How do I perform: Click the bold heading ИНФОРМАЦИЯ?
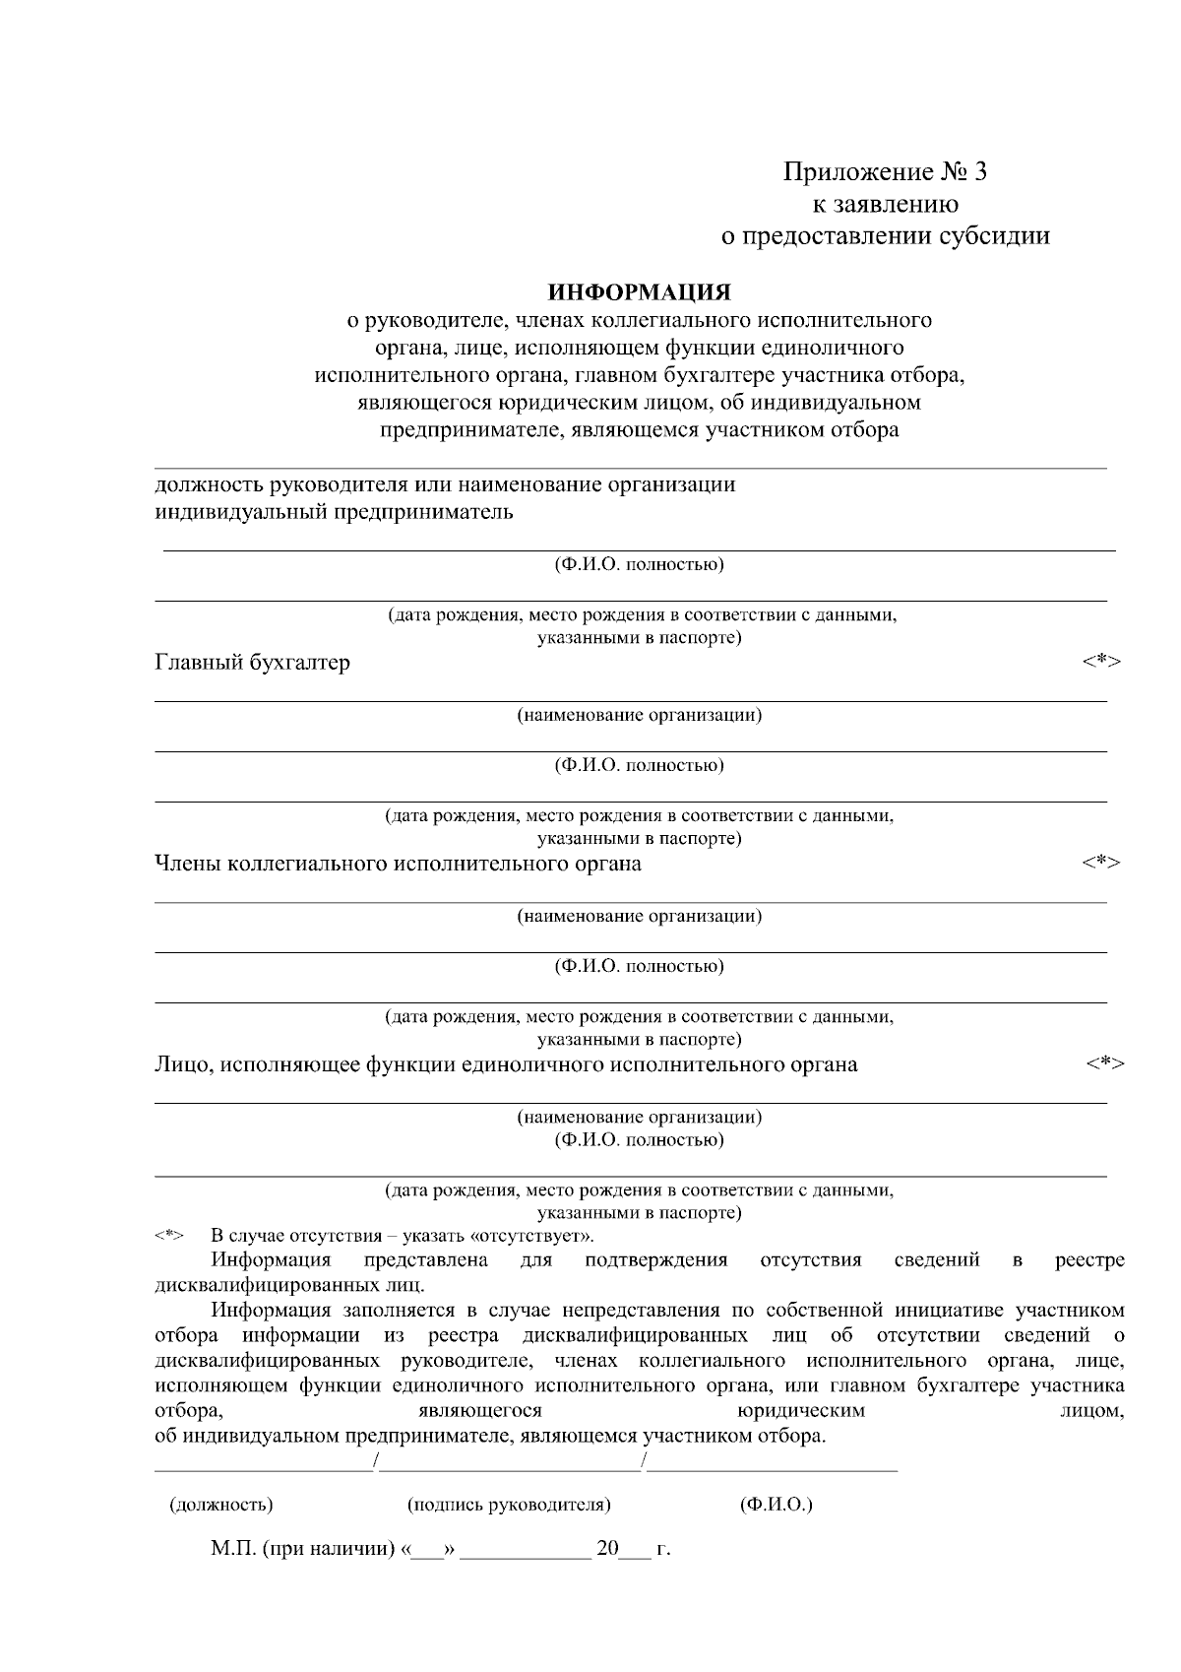[640, 292]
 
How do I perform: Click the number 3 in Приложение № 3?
[979, 172]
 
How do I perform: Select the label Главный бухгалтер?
[253, 663]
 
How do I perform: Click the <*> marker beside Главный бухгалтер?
[1101, 661]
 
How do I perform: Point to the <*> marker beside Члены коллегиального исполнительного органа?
[1101, 862]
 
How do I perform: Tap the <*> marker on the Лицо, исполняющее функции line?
[1105, 1062]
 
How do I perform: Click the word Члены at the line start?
[188, 864]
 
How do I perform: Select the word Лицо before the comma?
[182, 1064]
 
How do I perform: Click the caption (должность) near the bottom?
[221, 1505]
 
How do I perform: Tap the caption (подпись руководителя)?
[509, 1505]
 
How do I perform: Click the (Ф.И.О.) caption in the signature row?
[776, 1505]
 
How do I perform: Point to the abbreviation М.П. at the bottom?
[233, 1549]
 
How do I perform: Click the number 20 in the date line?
[606, 1549]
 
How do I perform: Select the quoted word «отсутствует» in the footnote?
[532, 1236]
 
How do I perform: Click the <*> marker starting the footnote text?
[169, 1236]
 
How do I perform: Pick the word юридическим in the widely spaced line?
[802, 1411]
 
